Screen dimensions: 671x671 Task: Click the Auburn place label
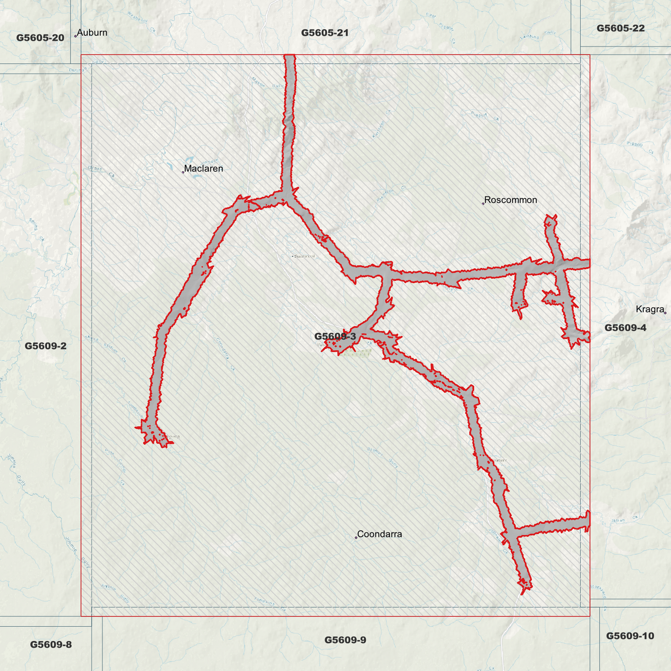[x=92, y=33]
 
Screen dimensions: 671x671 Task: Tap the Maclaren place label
[x=203, y=169]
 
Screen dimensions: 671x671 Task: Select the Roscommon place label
[x=510, y=200]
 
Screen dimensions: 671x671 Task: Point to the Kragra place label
[x=650, y=309]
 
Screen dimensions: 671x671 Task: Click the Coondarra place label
[x=379, y=534]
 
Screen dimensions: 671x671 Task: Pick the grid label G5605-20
[x=40, y=38]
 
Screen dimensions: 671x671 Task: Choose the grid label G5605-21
[x=325, y=33]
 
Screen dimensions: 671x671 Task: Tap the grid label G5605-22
[x=620, y=28]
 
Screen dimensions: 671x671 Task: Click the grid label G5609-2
[x=46, y=345]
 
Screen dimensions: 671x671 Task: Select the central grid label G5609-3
[x=335, y=336]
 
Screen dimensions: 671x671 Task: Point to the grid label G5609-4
[x=625, y=328]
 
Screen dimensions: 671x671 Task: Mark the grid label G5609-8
[x=51, y=645]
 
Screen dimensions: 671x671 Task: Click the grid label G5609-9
[x=345, y=640]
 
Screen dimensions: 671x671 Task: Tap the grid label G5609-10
[x=630, y=636]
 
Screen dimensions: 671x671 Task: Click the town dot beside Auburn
[x=75, y=36]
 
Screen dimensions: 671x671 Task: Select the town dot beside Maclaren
[x=183, y=172]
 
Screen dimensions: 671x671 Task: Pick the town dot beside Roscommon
[x=483, y=203]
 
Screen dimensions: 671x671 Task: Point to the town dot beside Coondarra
[x=356, y=538]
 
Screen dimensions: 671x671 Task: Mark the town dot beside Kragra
[x=665, y=313]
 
